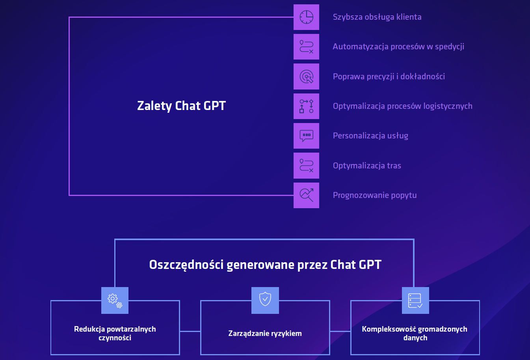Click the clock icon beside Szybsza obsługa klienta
[306, 17]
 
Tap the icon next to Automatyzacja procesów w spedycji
[306, 47]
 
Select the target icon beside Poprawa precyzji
[306, 76]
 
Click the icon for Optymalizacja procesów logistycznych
[306, 106]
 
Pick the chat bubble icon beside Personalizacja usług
[306, 136]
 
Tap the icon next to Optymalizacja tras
[306, 166]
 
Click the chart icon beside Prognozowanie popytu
[306, 195]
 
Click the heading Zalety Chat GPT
[181, 106]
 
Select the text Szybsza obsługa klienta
[377, 17]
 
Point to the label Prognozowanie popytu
[375, 195]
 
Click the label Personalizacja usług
[370, 136]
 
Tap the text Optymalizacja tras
[367, 166]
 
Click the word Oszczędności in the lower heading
[186, 265]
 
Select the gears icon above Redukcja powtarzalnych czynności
[115, 300]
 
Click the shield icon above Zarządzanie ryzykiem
[265, 300]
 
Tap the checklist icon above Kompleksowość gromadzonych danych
[415, 300]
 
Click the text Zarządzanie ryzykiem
[265, 334]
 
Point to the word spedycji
[450, 47]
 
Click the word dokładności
[422, 76]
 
